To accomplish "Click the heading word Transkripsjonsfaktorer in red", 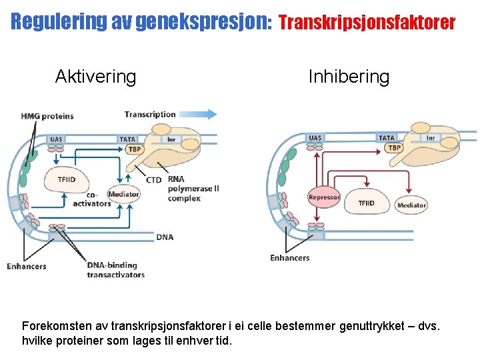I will pyautogui.click(x=367, y=23).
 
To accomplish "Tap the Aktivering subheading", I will pyautogui.click(x=95, y=77).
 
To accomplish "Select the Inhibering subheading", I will pyautogui.click(x=349, y=77).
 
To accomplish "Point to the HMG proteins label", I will pyautogui.click(x=47, y=116).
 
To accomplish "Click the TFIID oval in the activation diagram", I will pyautogui.click(x=67, y=179).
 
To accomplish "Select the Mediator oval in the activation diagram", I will pyautogui.click(x=124, y=194).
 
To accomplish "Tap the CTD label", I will pyautogui.click(x=153, y=180).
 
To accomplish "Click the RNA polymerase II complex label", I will pyautogui.click(x=193, y=189).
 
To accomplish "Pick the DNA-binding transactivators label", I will pyautogui.click(x=115, y=269).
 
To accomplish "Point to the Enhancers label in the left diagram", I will pyautogui.click(x=27, y=266).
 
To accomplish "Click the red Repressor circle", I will pyautogui.click(x=324, y=197).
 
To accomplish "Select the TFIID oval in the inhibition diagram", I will pyautogui.click(x=366, y=203).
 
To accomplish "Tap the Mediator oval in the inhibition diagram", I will pyautogui.click(x=411, y=205).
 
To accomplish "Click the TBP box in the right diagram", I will pyautogui.click(x=395, y=147).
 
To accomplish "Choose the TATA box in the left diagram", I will pyautogui.click(x=127, y=139).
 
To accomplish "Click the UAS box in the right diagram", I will pyautogui.click(x=315, y=138).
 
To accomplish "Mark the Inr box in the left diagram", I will pyautogui.click(x=171, y=139).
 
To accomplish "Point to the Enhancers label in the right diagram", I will pyautogui.click(x=289, y=257).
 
